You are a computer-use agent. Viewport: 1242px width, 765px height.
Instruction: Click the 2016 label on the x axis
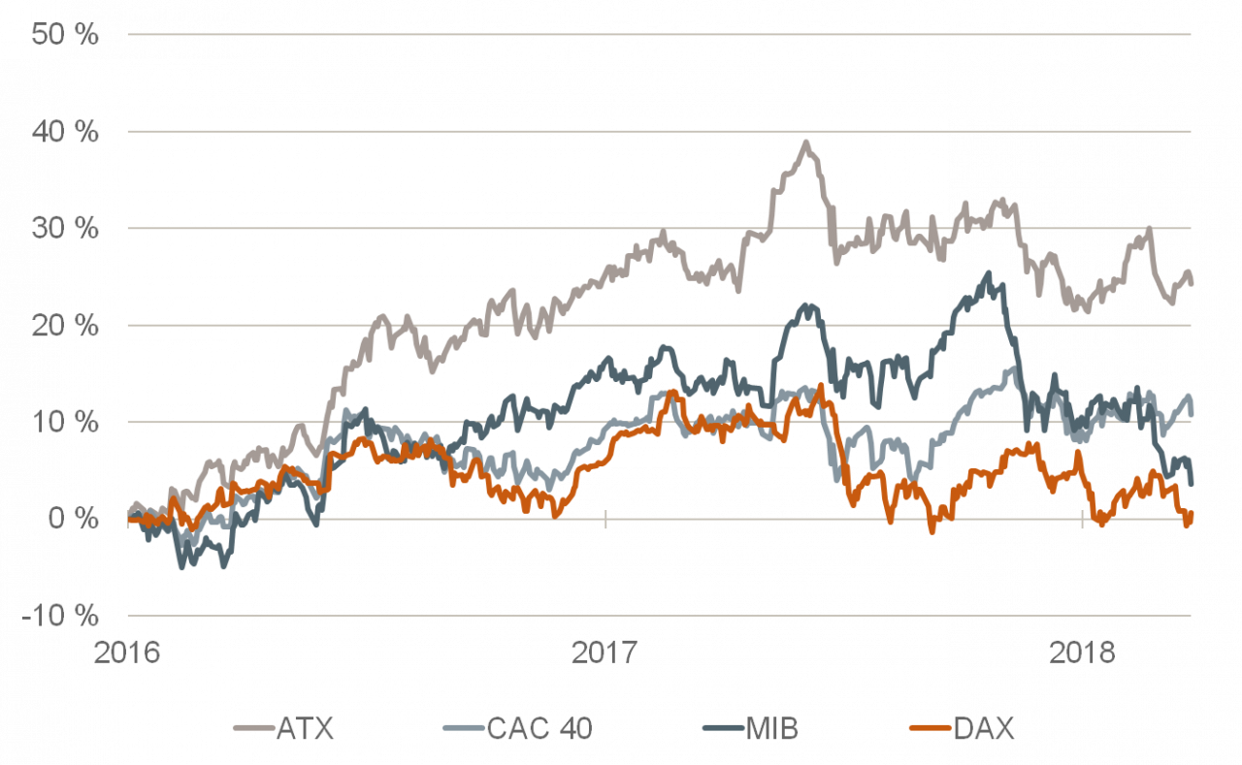tap(127, 653)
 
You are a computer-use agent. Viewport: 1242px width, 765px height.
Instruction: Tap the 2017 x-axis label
tap(605, 653)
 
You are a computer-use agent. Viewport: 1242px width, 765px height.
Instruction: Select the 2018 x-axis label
tap(1082, 653)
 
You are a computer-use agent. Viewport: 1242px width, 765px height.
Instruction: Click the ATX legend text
tap(305, 729)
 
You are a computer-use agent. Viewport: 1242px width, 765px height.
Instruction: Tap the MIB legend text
tap(772, 729)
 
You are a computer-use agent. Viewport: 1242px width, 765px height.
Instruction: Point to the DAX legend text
tap(983, 729)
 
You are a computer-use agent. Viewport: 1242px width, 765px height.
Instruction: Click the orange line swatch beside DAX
tap(931, 729)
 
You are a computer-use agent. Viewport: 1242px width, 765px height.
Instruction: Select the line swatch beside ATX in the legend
tap(253, 729)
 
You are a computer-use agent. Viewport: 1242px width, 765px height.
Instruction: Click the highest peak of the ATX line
tap(804, 143)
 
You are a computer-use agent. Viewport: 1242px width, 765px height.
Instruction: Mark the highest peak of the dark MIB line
tap(989, 274)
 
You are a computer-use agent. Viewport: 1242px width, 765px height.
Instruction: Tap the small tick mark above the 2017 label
tap(605, 520)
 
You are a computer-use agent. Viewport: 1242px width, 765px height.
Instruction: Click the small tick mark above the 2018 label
tap(1082, 520)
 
